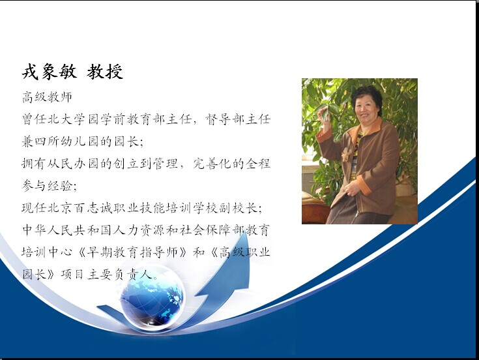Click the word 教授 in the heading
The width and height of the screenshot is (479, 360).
[105, 72]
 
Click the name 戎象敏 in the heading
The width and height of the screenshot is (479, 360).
[49, 72]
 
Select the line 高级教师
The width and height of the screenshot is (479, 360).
[47, 97]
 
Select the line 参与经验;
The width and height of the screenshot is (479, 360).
[49, 185]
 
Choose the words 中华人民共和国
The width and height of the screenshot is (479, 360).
[68, 230]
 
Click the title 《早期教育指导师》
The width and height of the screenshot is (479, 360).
[132, 252]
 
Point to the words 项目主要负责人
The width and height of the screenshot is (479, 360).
[106, 274]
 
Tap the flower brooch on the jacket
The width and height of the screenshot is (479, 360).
[346, 154]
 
